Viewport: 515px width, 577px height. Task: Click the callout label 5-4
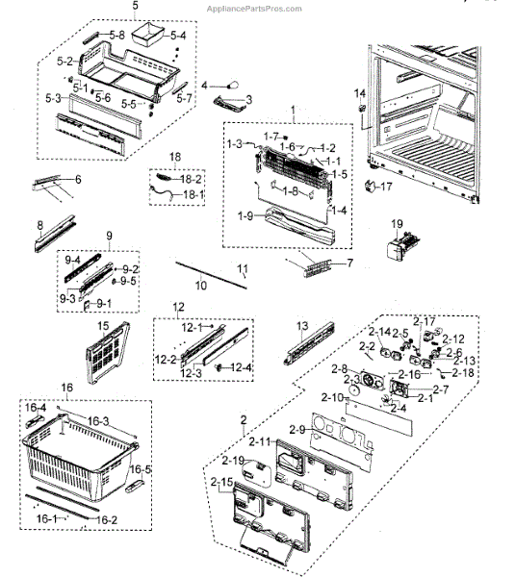click(x=178, y=36)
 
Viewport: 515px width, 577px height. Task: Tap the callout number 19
click(x=395, y=224)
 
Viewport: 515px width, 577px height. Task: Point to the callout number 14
click(x=359, y=92)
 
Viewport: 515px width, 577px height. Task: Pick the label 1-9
click(x=244, y=216)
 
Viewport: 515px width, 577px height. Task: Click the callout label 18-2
click(x=191, y=180)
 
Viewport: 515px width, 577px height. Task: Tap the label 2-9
click(x=296, y=429)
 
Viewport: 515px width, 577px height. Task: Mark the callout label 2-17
click(x=425, y=321)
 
